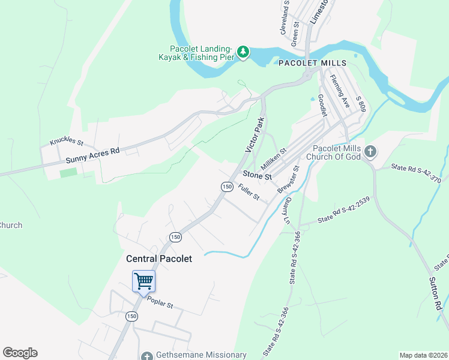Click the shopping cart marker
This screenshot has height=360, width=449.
tap(143, 281)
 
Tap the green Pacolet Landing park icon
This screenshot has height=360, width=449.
tap(243, 52)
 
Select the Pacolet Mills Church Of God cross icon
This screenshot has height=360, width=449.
tap(370, 152)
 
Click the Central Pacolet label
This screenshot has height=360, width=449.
tap(159, 259)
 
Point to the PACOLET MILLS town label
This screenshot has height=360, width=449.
tap(312, 63)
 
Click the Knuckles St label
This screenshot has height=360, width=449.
tap(66, 142)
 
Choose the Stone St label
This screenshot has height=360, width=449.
tap(257, 176)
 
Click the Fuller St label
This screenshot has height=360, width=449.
tap(248, 193)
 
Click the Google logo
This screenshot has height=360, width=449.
tap(20, 353)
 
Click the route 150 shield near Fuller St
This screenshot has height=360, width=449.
tap(226, 187)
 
